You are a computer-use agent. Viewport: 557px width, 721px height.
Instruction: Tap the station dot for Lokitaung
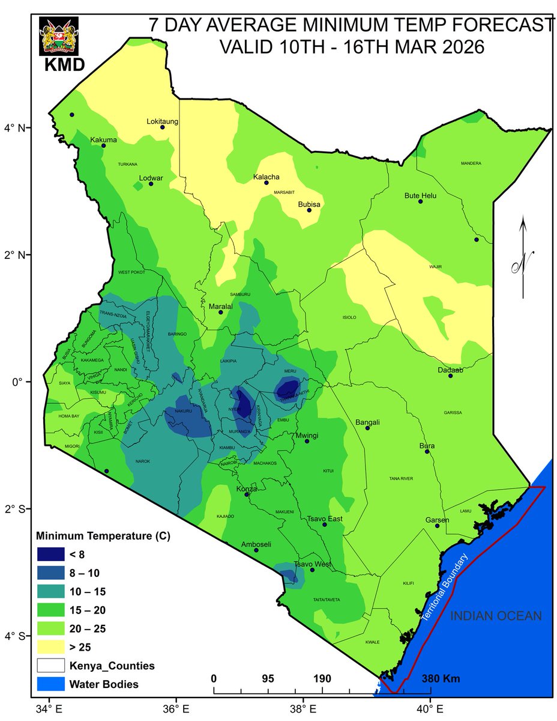[x=163, y=127]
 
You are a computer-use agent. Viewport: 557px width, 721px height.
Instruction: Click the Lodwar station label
[x=151, y=177]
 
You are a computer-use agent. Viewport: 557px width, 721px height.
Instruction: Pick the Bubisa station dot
[x=310, y=210]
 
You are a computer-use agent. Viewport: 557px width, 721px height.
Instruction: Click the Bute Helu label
[x=420, y=195]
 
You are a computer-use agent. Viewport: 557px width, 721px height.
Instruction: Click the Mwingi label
[x=307, y=435]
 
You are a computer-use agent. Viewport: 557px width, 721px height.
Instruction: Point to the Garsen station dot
[x=437, y=526]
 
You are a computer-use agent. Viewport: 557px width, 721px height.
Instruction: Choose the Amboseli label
[x=256, y=544]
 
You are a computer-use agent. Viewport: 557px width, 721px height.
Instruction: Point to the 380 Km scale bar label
[x=441, y=679]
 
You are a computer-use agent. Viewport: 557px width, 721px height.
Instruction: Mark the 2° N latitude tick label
[x=16, y=255]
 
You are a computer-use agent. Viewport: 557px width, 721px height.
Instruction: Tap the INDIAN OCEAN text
[x=496, y=616]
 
